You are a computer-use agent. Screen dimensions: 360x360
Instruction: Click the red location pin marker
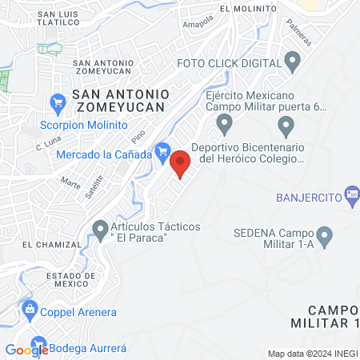181,162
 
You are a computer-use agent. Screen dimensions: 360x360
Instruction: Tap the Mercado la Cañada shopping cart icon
163,150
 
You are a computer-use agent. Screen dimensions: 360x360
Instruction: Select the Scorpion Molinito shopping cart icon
58,102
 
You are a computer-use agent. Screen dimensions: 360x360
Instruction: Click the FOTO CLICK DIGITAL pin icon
293,61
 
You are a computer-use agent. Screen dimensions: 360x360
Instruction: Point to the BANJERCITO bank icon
353,197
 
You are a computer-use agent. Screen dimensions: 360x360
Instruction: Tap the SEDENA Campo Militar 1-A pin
325,236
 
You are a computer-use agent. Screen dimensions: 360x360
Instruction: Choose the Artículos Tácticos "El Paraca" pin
101,230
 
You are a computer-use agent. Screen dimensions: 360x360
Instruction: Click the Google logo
26,350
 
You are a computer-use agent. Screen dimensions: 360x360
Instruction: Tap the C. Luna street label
49,146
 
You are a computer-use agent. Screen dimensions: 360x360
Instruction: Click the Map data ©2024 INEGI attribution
312,354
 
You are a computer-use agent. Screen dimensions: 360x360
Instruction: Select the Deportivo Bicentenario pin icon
225,125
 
